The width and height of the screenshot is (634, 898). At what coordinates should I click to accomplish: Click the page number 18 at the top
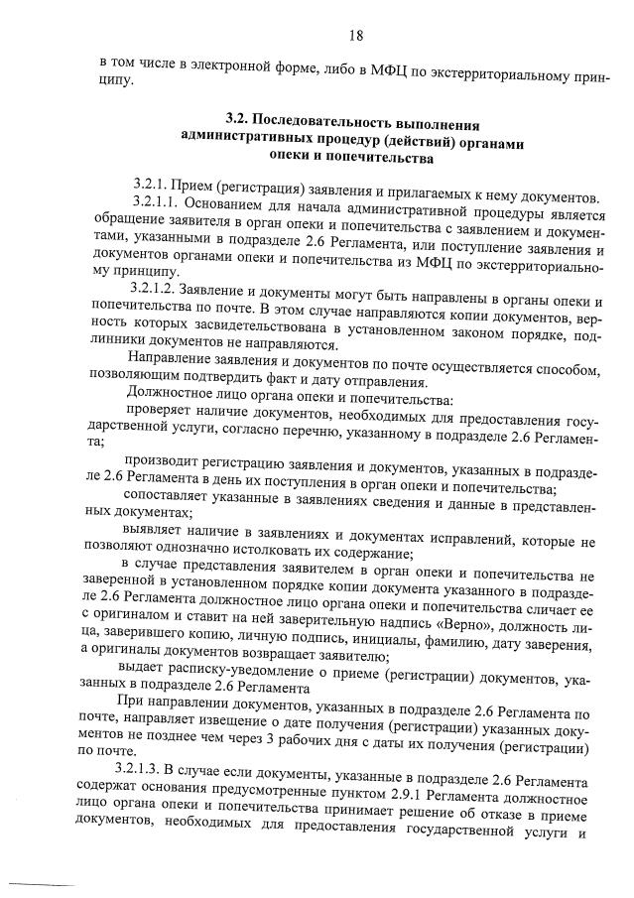point(355,37)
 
